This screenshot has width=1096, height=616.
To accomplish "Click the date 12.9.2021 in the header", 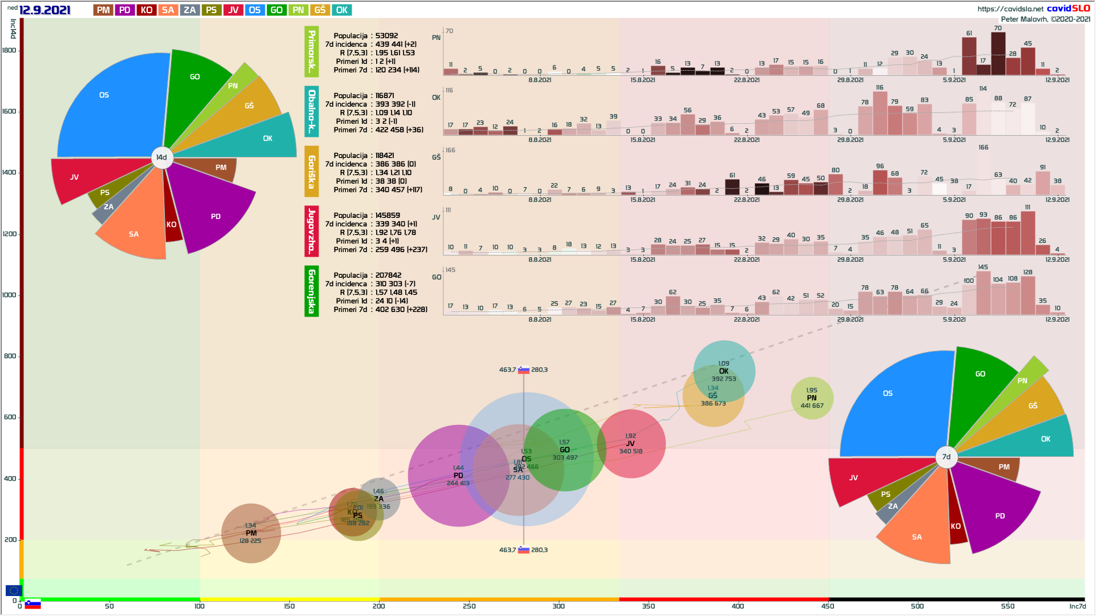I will (45, 10).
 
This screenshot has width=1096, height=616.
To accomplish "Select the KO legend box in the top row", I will (146, 10).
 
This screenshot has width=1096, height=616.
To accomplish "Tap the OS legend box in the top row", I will (255, 10).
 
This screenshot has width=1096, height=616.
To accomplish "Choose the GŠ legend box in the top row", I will (320, 10).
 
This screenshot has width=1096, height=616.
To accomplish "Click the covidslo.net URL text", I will (1010, 9).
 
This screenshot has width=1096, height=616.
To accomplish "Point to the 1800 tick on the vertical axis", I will (10, 50).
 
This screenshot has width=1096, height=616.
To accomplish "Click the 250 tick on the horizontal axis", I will (469, 606).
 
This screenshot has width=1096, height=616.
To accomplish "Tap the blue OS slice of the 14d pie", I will (108, 108).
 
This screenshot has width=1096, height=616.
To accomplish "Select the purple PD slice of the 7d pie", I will (996, 508).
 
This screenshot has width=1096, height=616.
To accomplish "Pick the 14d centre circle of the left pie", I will (162, 157).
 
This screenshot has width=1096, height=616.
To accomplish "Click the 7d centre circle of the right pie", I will (946, 457).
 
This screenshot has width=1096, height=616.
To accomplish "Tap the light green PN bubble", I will (812, 398).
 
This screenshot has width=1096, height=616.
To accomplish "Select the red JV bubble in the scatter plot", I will (631, 443).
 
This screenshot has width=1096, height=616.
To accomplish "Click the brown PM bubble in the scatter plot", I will (251, 533).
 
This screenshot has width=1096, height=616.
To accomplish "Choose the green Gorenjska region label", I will (312, 291).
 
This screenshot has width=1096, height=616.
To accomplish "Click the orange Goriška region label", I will (312, 171).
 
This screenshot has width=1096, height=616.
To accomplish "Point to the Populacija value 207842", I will (388, 275).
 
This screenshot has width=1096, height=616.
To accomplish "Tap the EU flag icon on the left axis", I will (14, 590).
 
